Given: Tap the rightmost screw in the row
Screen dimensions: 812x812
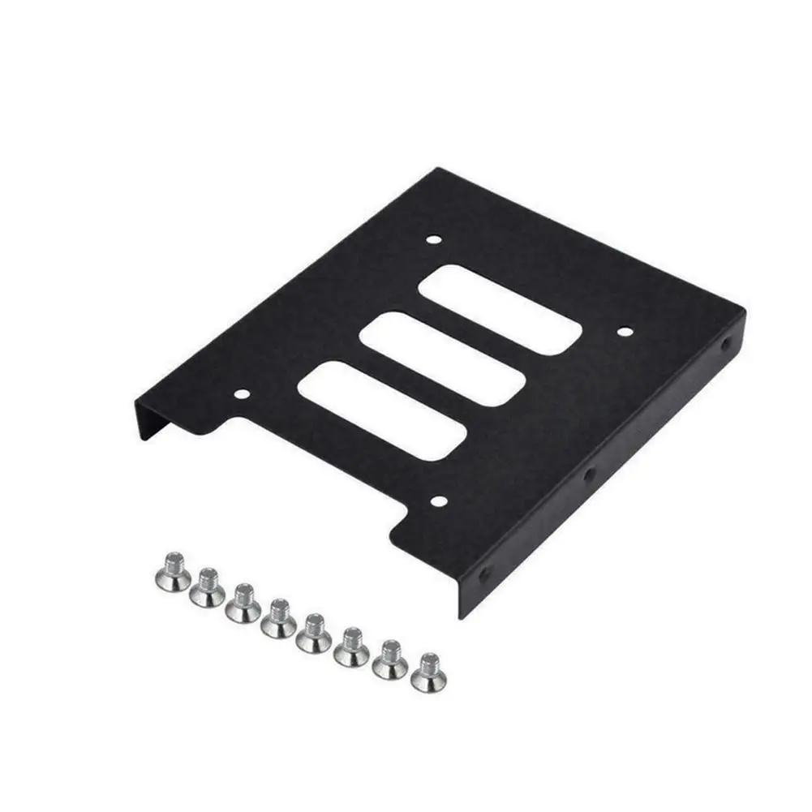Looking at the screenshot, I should (427, 672).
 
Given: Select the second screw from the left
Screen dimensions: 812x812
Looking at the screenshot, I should (208, 586).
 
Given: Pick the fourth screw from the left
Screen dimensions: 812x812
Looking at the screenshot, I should (278, 619).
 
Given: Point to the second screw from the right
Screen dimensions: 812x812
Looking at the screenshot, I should (389, 659).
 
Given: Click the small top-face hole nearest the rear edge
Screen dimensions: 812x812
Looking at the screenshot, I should (434, 240).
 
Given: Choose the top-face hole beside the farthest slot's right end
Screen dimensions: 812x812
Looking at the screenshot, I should (624, 331).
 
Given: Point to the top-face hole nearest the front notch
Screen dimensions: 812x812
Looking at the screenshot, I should (438, 501).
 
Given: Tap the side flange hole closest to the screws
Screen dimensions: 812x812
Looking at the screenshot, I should (484, 574).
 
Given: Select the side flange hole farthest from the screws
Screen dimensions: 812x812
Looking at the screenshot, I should (727, 344).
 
